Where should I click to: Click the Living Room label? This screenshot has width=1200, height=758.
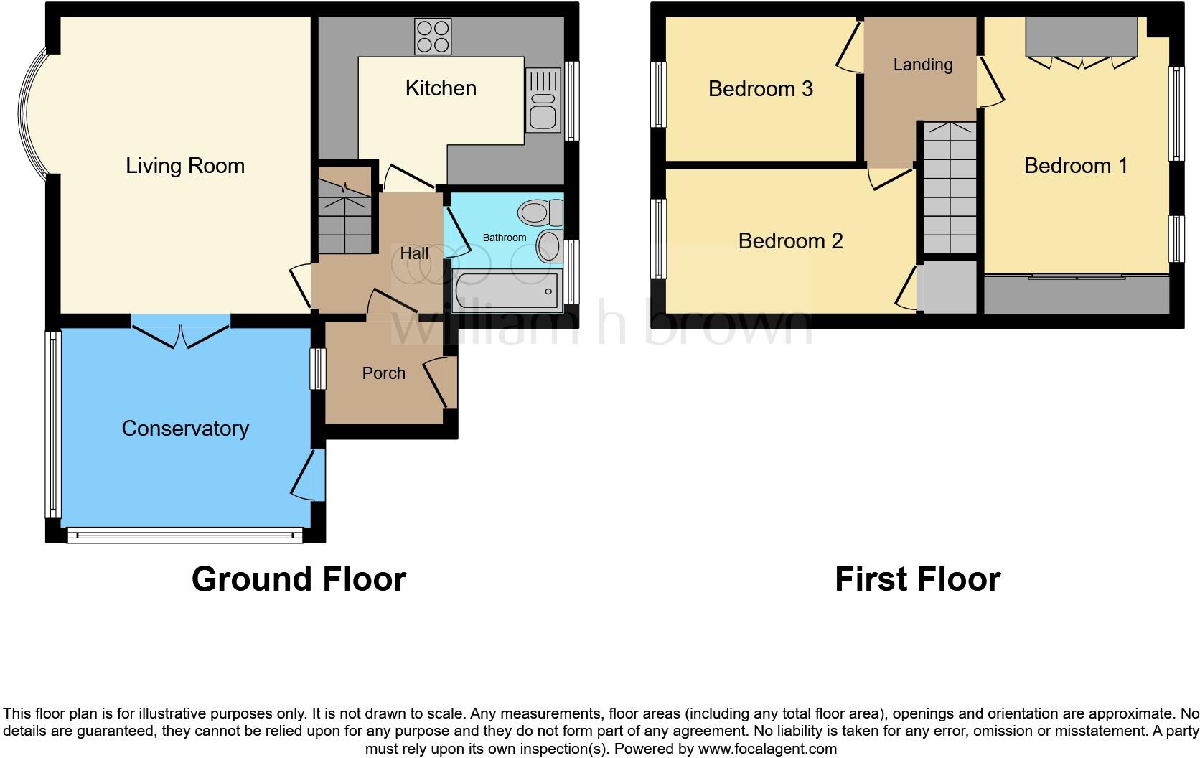185,166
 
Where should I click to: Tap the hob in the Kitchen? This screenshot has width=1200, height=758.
433,36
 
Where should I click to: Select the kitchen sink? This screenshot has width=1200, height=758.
543,100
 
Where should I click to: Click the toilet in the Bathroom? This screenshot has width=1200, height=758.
540,212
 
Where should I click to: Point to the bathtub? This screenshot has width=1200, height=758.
507,291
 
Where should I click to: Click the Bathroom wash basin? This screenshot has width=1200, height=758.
549,246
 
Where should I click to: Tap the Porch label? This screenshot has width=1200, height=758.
383,373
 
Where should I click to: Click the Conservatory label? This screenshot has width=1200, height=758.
185,429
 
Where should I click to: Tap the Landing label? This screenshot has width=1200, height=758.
923,65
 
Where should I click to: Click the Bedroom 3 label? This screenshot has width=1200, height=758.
760,89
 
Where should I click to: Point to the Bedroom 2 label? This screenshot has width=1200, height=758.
790,241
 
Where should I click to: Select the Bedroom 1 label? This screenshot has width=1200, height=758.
1075,166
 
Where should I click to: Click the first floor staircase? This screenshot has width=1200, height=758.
950,189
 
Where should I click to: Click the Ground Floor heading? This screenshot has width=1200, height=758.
299,579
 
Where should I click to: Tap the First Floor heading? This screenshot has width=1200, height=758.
917,579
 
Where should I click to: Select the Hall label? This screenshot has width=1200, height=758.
414,253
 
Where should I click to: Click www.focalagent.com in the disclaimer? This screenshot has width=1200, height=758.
767,749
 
